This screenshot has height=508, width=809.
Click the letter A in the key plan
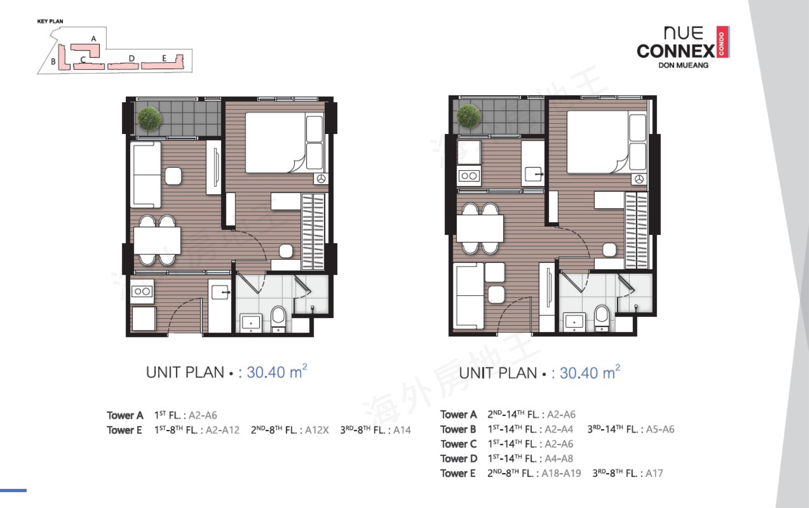[94, 39]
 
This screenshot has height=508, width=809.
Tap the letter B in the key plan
[53, 62]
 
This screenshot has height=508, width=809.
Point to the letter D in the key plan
[132, 58]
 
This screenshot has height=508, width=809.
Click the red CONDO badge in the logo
[722, 42]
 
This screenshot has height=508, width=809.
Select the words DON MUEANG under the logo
[683, 65]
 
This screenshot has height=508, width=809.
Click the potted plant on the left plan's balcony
[149, 118]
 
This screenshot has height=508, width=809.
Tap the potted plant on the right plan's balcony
[469, 116]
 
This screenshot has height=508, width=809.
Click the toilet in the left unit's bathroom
[278, 319]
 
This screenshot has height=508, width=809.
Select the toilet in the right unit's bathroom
[602, 318]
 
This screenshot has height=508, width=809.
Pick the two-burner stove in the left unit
[142, 291]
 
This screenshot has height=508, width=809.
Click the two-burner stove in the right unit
[469, 176]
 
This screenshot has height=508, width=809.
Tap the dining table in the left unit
[157, 240]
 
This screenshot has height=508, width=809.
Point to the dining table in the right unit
[480, 228]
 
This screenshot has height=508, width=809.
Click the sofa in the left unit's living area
[146, 174]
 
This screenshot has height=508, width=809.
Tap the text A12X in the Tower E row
[317, 430]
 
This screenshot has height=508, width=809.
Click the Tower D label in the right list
[459, 459]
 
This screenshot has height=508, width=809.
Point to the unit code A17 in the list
[654, 473]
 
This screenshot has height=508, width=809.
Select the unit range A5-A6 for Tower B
[660, 429]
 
